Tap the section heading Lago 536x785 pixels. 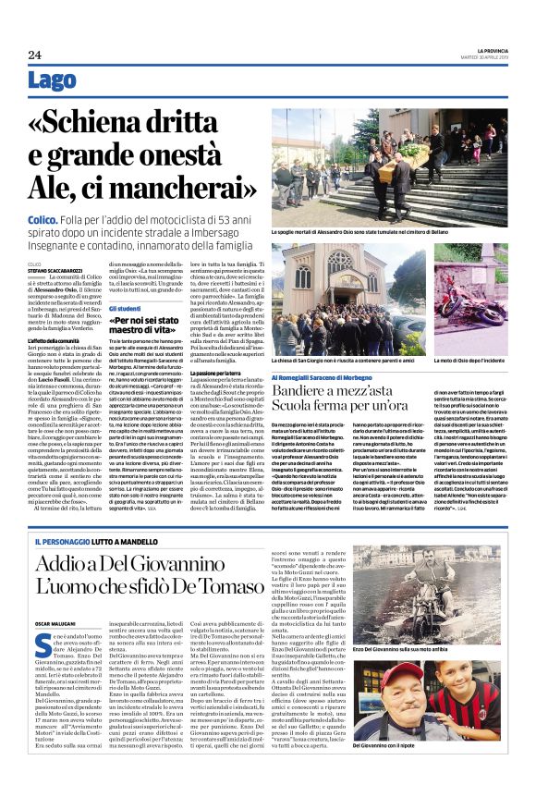[53, 82]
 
